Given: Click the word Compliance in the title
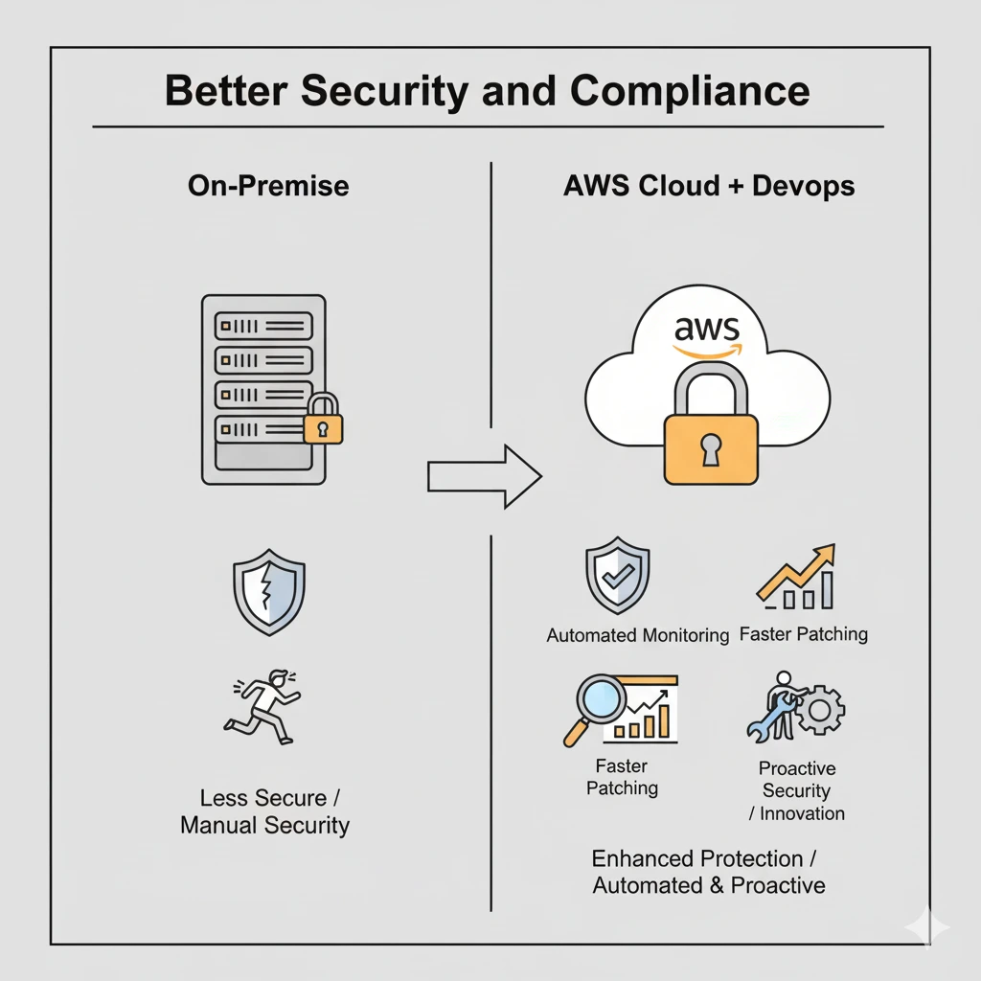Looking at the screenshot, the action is point(690,91).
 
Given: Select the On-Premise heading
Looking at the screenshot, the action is point(268,186).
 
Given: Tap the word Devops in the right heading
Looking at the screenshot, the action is point(804,187).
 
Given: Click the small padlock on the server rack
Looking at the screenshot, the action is point(323,420).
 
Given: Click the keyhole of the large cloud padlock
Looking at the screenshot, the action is point(711,450).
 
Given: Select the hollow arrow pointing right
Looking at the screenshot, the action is point(484,477).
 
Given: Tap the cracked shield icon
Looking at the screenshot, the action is point(269,592).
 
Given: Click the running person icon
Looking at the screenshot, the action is point(262,708).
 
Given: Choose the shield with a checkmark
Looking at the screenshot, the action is point(618,575).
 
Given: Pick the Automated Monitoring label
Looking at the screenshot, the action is point(637,636).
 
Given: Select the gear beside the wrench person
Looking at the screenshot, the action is point(819,710).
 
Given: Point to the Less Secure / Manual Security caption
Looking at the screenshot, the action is point(265,811).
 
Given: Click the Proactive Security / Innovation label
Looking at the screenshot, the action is point(797,790).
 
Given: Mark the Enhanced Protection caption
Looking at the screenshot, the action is point(704,859).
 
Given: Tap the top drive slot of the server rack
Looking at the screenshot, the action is point(263,326).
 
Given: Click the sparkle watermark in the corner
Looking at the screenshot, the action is point(926,927).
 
